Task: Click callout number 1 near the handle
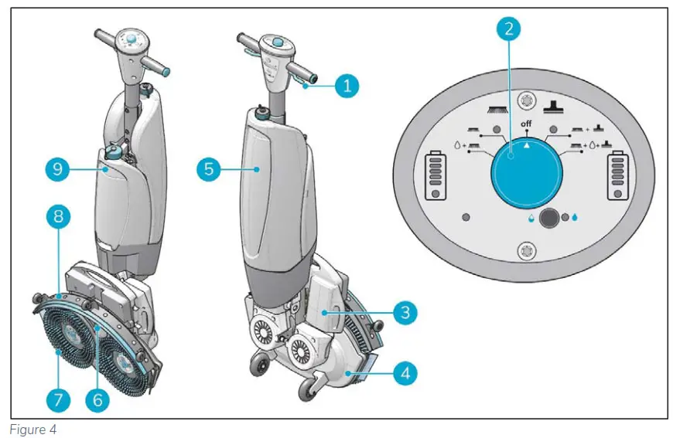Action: (x=347, y=86)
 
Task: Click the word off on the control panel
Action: (x=525, y=124)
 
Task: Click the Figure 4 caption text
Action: (x=29, y=429)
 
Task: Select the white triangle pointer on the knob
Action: (x=526, y=143)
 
